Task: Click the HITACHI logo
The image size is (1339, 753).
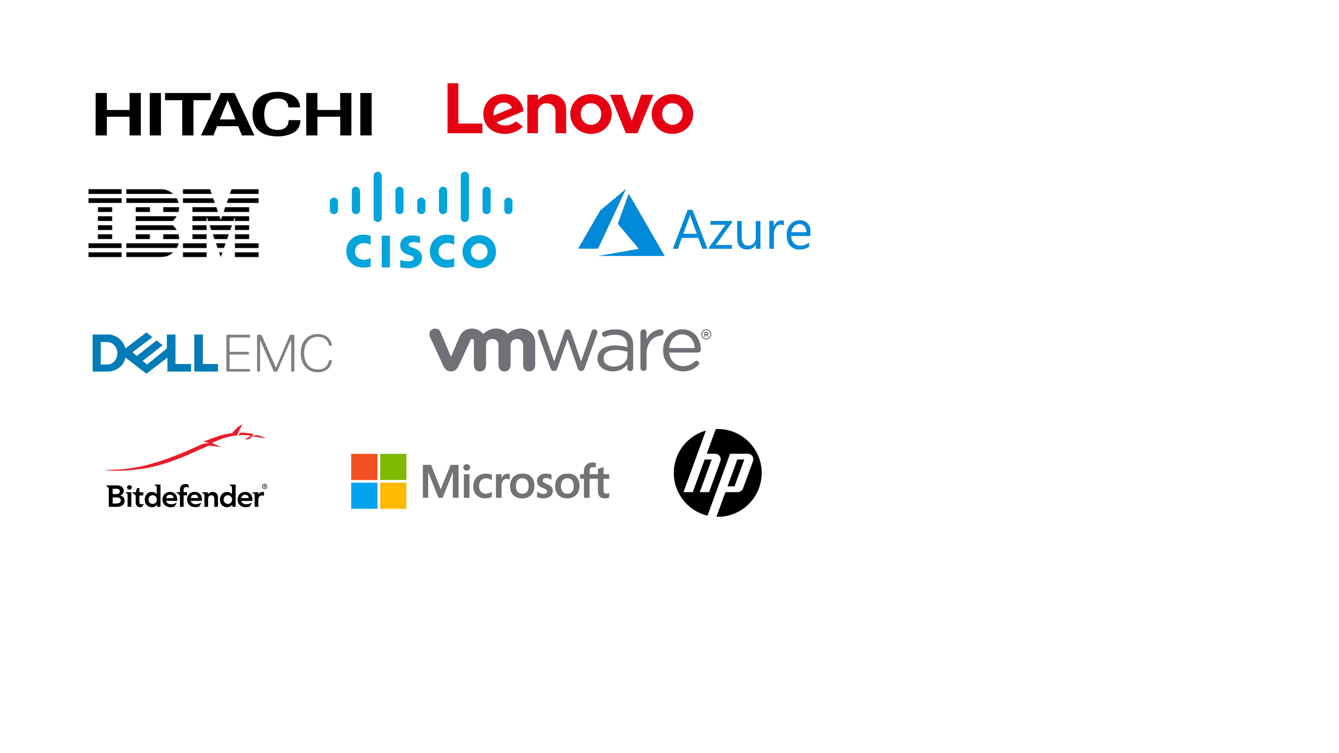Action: [x=233, y=114]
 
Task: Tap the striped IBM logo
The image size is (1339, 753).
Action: [x=174, y=223]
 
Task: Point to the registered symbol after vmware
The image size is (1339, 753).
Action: [x=706, y=335]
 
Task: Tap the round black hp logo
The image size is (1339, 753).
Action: [x=717, y=473]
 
